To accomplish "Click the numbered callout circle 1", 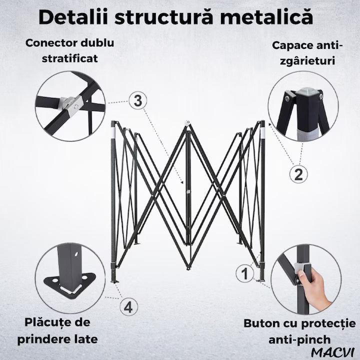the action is (245, 273).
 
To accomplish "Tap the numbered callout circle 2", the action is (298, 174).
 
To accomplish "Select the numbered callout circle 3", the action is (138, 101).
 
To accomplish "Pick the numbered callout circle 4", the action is (129, 306).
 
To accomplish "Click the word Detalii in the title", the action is (73, 17).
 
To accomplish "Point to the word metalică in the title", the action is (266, 16).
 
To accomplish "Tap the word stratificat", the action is (70, 58).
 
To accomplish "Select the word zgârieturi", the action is (307, 61).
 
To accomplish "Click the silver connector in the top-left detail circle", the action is (70, 104).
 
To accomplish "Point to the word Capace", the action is (291, 46).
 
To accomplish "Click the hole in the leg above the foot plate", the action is (76, 254).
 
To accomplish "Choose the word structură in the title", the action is (164, 17).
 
